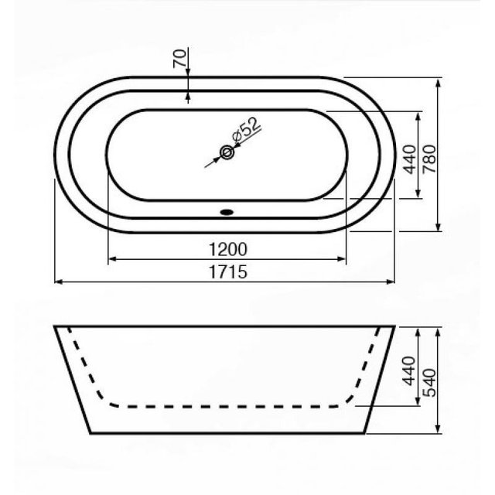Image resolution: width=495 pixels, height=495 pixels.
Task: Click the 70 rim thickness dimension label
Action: pos(179,59)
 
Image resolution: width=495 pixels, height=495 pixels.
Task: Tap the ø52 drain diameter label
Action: pos(247,129)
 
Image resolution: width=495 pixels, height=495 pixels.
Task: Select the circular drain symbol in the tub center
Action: pos(227,152)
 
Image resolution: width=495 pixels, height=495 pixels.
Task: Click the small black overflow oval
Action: pos(227,212)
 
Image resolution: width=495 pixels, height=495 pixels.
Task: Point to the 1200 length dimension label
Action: pos(228,249)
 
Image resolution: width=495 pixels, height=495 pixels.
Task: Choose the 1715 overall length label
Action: pos(228,271)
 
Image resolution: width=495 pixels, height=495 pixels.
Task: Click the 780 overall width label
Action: pos(429,159)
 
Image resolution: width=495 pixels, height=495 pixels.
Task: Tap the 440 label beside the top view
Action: pos(410,159)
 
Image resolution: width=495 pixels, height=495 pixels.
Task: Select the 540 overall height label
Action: pos(429,383)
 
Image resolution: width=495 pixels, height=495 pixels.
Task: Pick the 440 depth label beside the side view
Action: pos(410,370)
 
